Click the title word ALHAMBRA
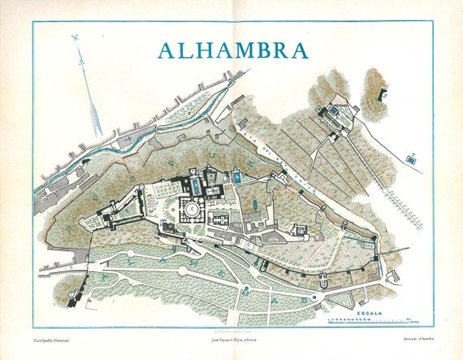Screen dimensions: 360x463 233,50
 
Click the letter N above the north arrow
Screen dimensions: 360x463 75,37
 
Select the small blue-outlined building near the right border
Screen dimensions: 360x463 412,160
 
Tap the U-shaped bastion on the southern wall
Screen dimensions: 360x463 322,284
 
